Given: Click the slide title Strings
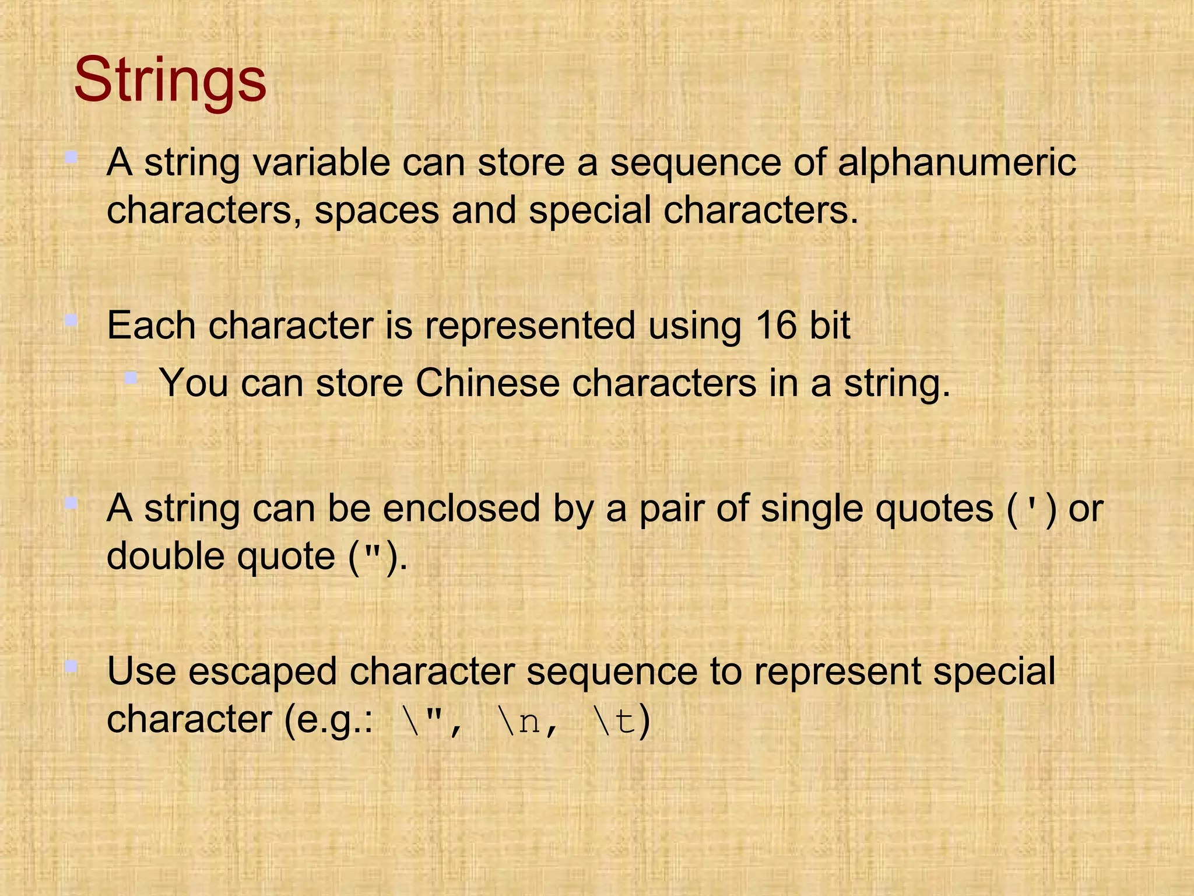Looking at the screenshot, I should coord(170,80).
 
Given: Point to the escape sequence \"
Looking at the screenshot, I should coord(420,721).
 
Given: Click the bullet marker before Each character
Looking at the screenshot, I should coord(71,320).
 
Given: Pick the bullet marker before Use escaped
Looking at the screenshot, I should coord(71,666).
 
